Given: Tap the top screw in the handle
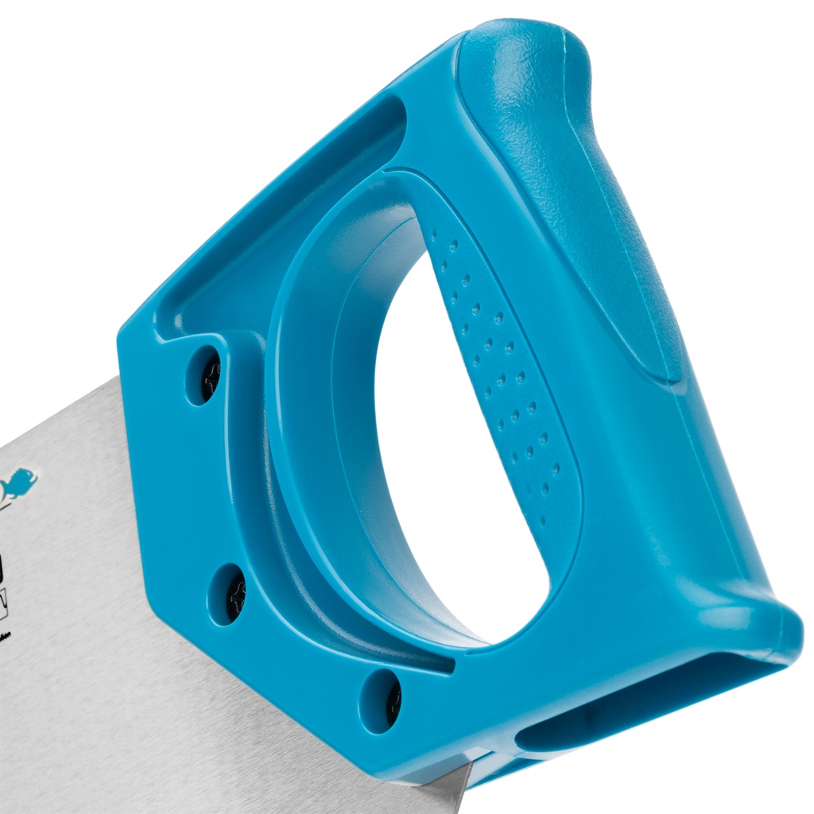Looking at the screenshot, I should point(208,376).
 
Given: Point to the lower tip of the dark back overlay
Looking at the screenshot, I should point(672,374).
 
